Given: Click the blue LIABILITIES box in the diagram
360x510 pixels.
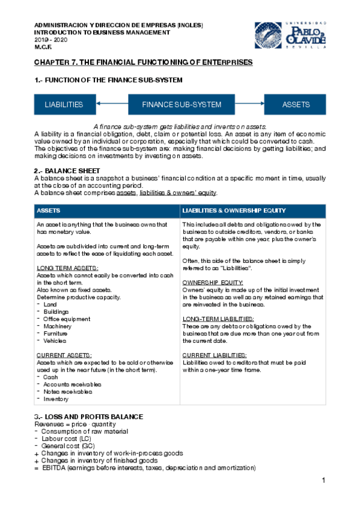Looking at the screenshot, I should [x=64, y=105].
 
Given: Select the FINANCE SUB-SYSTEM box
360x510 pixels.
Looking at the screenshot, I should [x=182, y=105].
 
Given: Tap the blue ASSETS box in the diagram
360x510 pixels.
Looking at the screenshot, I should [x=296, y=105].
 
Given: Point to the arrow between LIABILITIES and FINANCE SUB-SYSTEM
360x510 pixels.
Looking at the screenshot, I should [x=111, y=105].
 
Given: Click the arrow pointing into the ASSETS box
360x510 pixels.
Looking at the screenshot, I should [x=250, y=105].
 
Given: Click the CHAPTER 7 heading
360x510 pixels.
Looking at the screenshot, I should [x=143, y=63].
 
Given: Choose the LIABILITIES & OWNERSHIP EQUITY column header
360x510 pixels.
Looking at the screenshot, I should [x=234, y=211].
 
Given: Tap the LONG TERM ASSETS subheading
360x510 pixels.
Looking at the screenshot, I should [x=67, y=268].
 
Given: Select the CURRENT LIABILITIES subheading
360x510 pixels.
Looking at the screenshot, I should [x=213, y=355].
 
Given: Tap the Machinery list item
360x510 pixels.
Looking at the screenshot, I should [x=58, y=327].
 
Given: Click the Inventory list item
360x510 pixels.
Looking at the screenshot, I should [x=56, y=399].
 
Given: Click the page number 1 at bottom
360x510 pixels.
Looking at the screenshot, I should [x=323, y=480].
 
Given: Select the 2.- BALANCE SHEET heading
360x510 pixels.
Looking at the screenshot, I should [x=63, y=171].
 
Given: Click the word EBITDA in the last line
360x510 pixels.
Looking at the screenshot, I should [x=53, y=468].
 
